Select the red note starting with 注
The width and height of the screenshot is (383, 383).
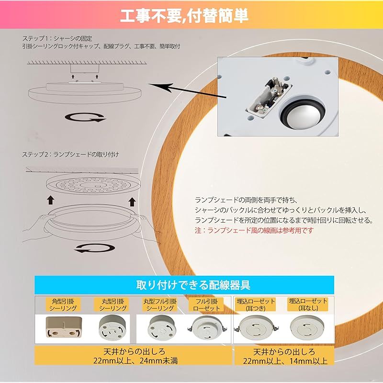(x=254, y=231)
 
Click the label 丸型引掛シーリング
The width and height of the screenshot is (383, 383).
(x=113, y=305)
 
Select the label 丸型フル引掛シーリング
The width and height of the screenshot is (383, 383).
(x=159, y=305)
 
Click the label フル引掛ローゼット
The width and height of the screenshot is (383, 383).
(x=207, y=305)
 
